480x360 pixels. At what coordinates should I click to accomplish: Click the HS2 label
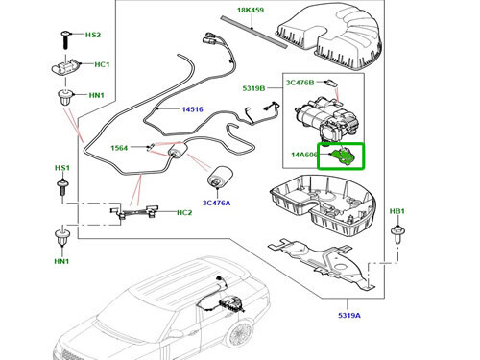[x=92, y=35]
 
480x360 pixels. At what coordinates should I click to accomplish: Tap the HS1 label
[x=61, y=167]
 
